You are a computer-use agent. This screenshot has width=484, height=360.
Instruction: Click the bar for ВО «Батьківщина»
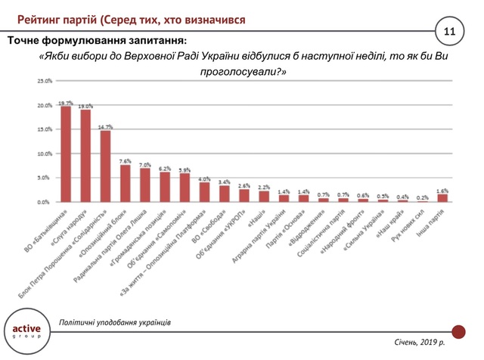[66, 154]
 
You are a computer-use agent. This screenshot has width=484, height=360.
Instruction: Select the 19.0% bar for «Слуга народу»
[85, 156]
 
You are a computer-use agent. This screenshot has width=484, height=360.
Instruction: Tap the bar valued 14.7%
[105, 166]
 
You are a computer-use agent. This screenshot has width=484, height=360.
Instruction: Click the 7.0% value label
[144, 164]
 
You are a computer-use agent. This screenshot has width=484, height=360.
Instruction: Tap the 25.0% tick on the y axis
[43, 81]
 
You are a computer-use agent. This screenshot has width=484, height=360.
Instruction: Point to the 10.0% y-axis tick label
[43, 154]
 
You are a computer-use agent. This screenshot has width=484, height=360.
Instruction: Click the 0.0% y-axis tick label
[43, 202]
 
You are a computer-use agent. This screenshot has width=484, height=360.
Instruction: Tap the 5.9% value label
[185, 170]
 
